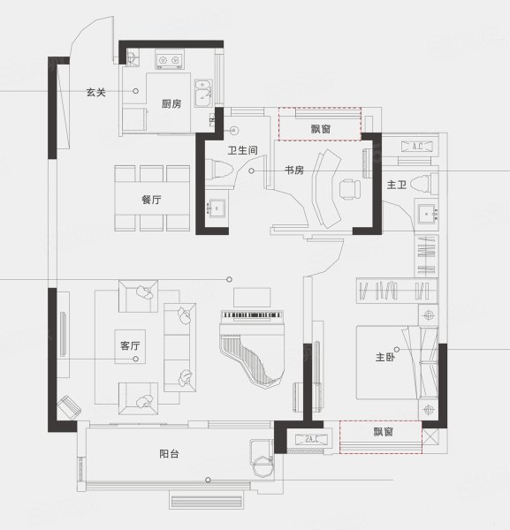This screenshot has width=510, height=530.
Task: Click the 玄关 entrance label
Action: coord(96,92)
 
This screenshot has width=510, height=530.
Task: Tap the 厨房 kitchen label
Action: coord(171,103)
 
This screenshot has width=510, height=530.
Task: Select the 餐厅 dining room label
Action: coord(151,200)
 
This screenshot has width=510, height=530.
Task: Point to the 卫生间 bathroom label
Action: coord(242,150)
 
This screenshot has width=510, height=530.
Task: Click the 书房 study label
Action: coord(294,170)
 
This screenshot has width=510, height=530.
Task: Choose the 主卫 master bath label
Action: coord(396,185)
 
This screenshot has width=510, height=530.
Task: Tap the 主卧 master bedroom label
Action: coord(384,357)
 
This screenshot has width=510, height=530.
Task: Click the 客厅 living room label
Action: coord(130,345)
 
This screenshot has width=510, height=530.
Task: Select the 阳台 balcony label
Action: coord(169,454)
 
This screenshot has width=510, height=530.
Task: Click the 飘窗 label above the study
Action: coord(320,129)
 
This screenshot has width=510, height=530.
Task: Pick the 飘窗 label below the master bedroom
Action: coord(383,432)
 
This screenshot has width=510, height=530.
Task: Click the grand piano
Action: coord(252,349)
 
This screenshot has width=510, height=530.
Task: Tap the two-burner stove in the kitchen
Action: coord(170,60)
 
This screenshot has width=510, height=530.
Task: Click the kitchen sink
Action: coord(203,94)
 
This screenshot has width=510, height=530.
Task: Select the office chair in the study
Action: coord(349,189)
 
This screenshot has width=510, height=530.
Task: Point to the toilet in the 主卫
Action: coord(424,185)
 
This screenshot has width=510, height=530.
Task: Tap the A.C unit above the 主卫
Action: coord(416,147)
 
